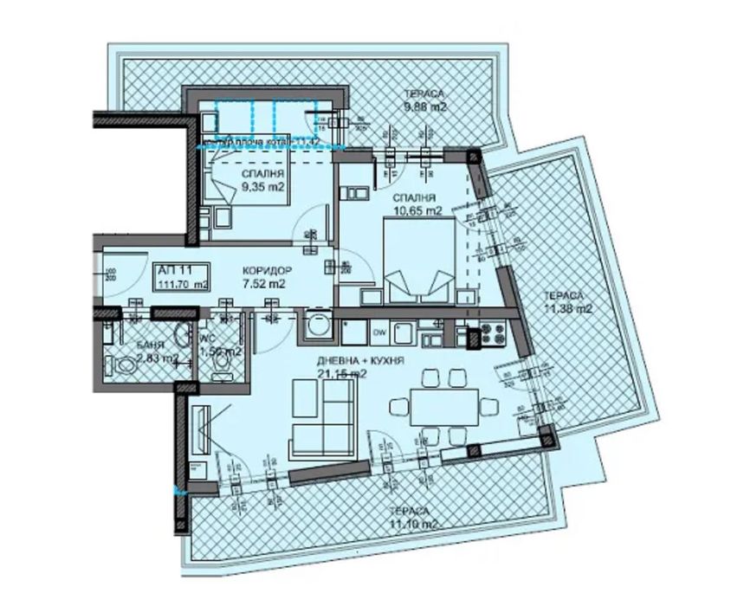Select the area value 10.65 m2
[419, 210]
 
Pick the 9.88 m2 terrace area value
[424, 107]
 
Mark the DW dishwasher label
[378, 330]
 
